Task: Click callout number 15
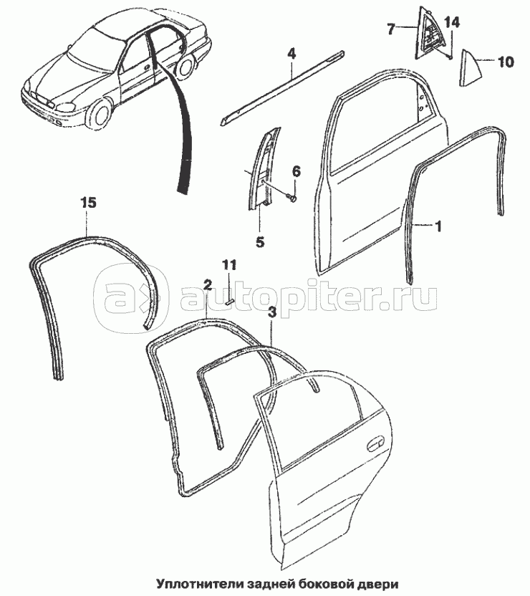(x=87, y=203)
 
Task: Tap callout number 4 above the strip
(x=292, y=53)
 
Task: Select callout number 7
(x=391, y=29)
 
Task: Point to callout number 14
(x=450, y=23)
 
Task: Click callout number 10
(x=505, y=62)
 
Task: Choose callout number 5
(x=260, y=242)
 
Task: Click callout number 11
(x=228, y=265)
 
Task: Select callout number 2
(x=207, y=284)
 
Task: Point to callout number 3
(x=272, y=312)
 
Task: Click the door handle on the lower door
(x=376, y=446)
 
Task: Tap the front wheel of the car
(x=100, y=114)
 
